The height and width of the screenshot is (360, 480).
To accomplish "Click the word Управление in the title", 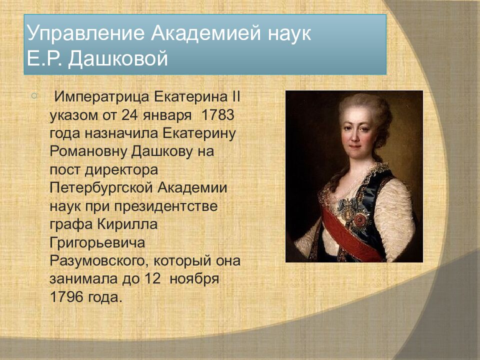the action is click(85, 33).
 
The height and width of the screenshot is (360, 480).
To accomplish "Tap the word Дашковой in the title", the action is click(118, 58).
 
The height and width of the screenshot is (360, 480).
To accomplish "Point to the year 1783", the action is click(217, 115).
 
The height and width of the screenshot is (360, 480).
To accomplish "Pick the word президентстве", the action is click(165, 206).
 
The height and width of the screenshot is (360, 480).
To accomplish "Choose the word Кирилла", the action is click(127, 224).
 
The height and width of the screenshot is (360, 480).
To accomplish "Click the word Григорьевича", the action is click(97, 243).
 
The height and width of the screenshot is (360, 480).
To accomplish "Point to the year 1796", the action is click(66, 297).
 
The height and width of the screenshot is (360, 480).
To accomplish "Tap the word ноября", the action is click(194, 279).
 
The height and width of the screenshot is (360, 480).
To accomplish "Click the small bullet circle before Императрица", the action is click(34, 96).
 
